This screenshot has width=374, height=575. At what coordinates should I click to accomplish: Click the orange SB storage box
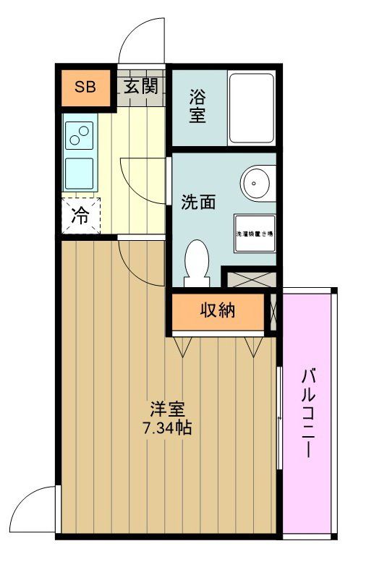point(85,88)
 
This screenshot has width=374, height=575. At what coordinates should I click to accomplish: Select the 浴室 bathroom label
point(197,106)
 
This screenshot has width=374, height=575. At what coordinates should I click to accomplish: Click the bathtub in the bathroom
point(251,108)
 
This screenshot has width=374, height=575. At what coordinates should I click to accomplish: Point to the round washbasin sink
point(257,183)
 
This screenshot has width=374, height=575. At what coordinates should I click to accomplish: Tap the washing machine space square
point(254,234)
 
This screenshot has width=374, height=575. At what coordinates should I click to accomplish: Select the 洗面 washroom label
point(198,203)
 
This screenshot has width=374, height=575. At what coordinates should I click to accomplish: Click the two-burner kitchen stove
point(80,135)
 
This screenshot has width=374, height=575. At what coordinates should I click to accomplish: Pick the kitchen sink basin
point(80,173)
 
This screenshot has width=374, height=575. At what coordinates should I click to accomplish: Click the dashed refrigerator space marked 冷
point(81,215)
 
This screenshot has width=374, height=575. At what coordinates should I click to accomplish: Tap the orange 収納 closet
point(218,312)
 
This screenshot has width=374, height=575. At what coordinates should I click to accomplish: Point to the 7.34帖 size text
point(166,427)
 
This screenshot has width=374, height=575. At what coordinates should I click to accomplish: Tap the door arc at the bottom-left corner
point(38,510)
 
